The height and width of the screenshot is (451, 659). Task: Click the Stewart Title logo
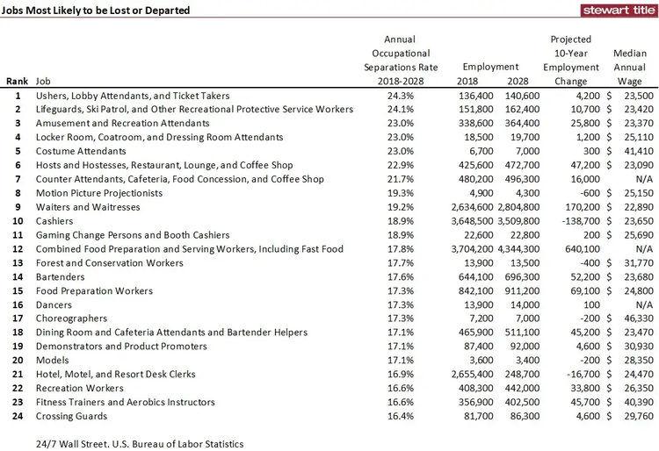[619, 10]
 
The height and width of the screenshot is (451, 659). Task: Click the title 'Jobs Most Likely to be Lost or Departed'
[96, 11]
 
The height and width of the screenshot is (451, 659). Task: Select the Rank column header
[18, 82]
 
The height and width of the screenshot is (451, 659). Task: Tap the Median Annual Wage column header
[630, 68]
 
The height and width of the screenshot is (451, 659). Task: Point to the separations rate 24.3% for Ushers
[401, 96]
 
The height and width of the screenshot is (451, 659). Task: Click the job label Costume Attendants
[81, 151]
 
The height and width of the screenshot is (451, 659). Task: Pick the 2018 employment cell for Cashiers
[473, 221]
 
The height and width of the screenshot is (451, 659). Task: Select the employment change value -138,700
[581, 221]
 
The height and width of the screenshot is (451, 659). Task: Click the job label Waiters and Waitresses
[88, 207]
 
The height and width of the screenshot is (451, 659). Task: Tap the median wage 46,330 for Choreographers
[639, 319]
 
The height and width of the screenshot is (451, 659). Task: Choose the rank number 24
[18, 416]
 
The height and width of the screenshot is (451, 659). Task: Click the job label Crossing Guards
[71, 416]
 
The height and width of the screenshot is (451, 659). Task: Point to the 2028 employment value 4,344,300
[518, 249]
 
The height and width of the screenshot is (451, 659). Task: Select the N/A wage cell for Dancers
[644, 305]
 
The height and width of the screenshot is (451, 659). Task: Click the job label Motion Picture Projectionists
[99, 193]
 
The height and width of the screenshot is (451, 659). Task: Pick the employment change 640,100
[583, 249]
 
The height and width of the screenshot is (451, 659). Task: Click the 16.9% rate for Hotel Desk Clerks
[401, 375]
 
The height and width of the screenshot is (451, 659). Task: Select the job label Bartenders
[60, 277]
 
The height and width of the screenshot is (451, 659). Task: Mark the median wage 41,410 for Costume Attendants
[639, 151]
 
